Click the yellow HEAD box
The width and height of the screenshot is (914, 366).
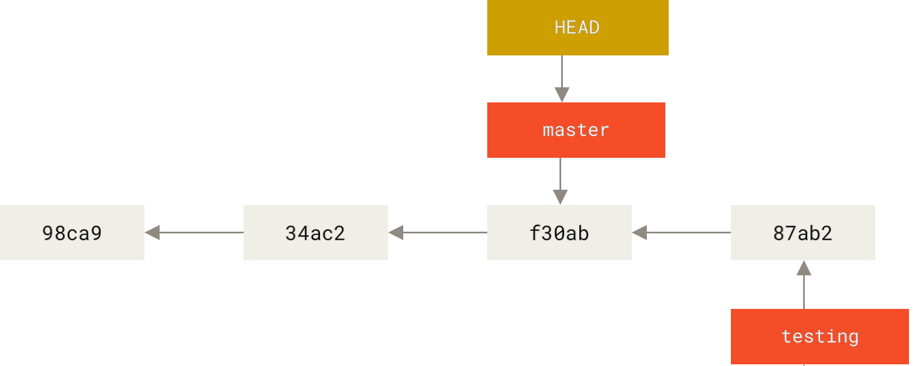point(577,27)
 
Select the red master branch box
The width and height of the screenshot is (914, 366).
point(576,130)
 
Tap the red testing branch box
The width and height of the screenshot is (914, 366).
point(819,336)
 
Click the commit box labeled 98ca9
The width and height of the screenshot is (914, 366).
point(72,232)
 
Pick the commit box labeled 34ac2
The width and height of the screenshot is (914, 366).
point(315,232)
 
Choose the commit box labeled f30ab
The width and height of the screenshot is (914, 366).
point(559,232)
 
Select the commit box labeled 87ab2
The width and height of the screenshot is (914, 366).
point(803,232)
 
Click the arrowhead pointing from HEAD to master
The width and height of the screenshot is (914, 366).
point(562,95)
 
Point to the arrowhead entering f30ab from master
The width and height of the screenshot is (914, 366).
point(560,197)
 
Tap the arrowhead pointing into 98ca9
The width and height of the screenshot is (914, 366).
point(152,232)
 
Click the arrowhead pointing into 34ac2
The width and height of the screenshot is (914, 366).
point(396,232)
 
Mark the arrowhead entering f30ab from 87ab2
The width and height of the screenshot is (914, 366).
point(640,232)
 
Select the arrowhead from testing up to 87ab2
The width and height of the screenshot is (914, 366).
point(804,268)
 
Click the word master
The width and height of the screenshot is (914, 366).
point(576,130)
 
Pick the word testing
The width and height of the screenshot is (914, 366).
point(820,337)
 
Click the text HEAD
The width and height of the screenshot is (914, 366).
point(577,27)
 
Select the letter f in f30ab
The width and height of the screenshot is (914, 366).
point(534,232)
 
